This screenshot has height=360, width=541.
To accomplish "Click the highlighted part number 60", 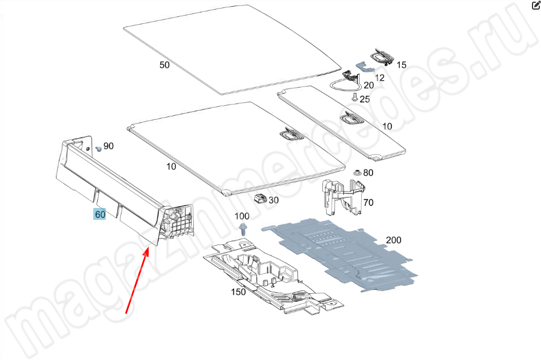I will [100, 215].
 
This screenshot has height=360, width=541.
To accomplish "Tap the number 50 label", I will [165, 65].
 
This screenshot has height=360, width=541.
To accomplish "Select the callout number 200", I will [393, 240].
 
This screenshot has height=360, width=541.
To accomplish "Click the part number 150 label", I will [238, 292].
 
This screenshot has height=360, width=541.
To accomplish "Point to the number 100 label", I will [241, 216].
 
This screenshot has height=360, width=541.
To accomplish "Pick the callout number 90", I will [108, 146].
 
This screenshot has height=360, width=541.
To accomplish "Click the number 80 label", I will [368, 172].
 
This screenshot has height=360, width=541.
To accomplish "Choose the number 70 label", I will [368, 202].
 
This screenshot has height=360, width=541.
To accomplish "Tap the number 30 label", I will [274, 200].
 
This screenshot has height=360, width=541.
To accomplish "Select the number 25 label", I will [365, 99].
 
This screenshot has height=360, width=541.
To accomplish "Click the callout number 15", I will [401, 65].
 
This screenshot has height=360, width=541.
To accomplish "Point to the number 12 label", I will [380, 77].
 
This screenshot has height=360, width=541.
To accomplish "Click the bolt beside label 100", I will [243, 229].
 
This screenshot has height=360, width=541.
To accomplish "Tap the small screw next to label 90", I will [98, 148].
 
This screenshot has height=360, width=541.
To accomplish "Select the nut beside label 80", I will [357, 172].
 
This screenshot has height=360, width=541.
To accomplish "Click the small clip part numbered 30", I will [261, 198].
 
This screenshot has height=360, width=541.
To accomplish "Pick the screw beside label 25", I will [354, 98].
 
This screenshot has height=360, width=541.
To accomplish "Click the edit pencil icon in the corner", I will [536, 6].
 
